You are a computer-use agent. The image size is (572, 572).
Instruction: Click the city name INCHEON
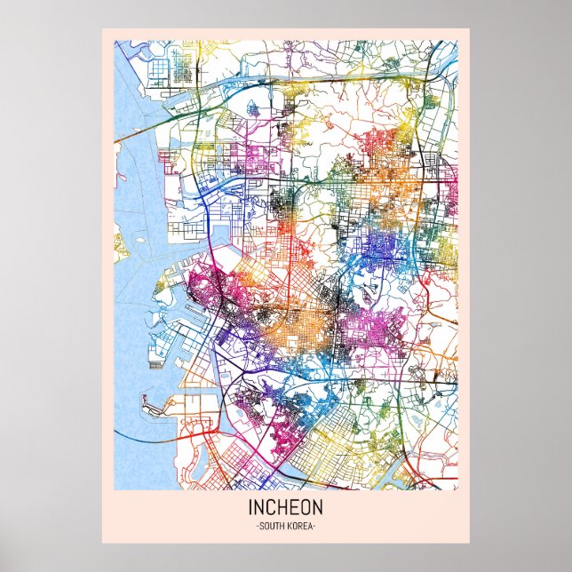(x=286, y=509)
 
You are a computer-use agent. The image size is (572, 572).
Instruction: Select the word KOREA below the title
(x=300, y=527)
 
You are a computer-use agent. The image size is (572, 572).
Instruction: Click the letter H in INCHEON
(x=282, y=509)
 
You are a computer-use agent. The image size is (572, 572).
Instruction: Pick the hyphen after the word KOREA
(x=315, y=527)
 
